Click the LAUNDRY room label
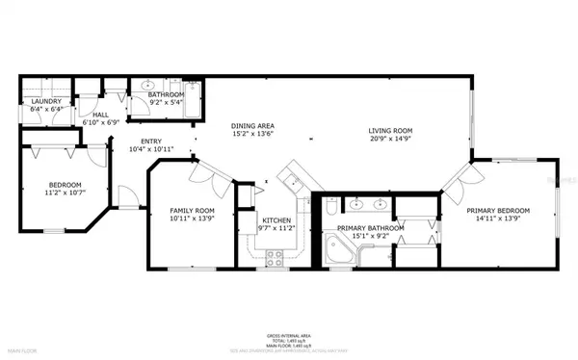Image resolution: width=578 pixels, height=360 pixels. click(46, 101)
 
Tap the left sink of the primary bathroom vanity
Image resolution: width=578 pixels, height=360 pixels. click(356, 204)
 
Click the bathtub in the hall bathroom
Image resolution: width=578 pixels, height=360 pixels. click(194, 99)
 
